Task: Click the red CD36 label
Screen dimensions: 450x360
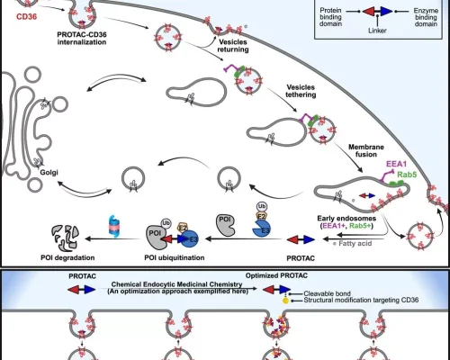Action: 27,16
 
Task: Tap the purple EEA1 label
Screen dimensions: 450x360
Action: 396,164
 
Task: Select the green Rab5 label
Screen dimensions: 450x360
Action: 407,175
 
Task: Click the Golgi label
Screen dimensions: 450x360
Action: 49,173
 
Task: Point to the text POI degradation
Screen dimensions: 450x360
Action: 67,257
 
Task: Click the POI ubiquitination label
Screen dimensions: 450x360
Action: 175,257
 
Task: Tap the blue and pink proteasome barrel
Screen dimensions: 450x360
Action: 114,226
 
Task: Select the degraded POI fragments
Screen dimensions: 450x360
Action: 66,238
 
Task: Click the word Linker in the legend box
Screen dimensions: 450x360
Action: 377,31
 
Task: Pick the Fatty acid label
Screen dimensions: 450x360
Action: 355,243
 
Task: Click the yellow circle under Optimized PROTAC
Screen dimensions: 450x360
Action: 285,301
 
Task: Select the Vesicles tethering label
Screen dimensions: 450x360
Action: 301,91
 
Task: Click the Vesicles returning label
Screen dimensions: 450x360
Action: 233,46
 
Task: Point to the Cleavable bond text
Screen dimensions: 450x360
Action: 327,293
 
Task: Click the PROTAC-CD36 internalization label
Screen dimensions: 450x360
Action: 82,39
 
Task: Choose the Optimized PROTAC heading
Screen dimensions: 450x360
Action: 276,275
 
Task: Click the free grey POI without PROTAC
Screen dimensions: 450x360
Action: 226,225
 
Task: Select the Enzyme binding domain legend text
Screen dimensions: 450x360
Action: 426,17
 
